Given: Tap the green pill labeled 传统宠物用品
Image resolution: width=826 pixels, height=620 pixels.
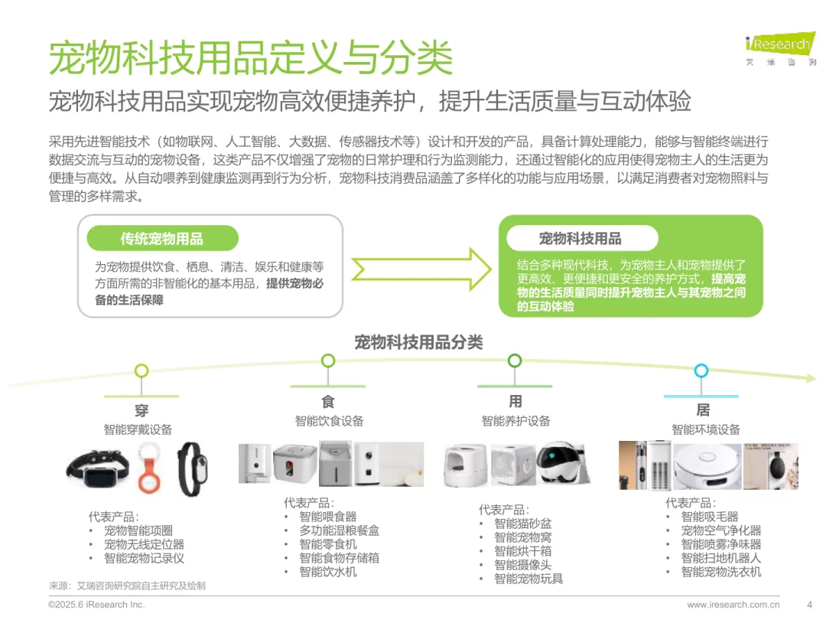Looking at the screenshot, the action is (161, 239).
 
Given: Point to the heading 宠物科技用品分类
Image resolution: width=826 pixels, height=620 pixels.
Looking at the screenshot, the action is (418, 342).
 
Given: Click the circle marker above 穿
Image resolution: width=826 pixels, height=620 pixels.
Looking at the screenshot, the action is (141, 371).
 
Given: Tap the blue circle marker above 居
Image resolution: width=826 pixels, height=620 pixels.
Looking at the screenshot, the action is (701, 371).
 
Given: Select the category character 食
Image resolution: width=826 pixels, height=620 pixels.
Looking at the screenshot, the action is (328, 402).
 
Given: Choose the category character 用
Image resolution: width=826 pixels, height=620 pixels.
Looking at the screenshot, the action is (515, 402).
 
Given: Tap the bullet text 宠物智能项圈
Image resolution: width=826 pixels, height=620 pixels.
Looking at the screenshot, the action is (138, 530).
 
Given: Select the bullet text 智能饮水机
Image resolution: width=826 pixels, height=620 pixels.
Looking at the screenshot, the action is (327, 572).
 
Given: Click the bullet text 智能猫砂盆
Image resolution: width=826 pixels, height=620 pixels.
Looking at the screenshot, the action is (522, 524).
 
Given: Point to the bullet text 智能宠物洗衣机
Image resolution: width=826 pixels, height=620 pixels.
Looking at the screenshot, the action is (721, 572).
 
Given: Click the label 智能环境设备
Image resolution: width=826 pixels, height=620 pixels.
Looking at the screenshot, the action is (706, 429).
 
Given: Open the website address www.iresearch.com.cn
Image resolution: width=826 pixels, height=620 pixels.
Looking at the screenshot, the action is (733, 605).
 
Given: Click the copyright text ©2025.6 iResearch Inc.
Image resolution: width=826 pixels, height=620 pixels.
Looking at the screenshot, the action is (96, 605).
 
